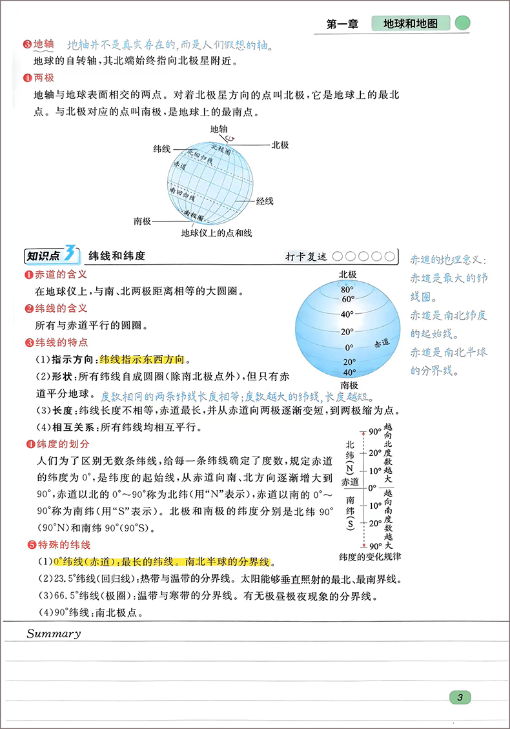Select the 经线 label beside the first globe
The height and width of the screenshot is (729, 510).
265,201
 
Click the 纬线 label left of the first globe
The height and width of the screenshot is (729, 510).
161,149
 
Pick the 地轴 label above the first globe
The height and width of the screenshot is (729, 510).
219,129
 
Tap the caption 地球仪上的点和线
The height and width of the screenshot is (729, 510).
216,233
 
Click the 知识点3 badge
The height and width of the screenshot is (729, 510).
51,256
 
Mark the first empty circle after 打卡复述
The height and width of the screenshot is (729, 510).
338,256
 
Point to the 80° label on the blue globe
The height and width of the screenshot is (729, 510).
347,289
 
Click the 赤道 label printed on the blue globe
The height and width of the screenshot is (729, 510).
382,342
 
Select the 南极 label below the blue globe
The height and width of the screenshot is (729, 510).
348,385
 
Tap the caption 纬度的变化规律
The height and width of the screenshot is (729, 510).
371,556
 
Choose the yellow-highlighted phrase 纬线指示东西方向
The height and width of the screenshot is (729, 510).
142,359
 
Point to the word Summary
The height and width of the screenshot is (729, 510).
54,633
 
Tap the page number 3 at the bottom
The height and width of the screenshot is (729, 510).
459,697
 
